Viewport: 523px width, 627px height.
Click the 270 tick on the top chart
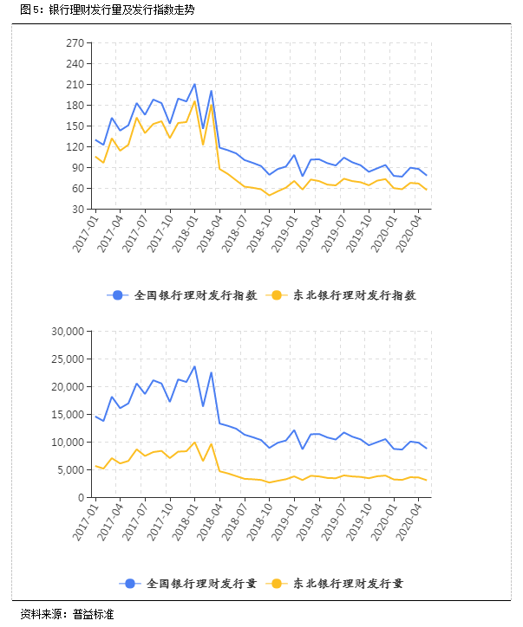pyautogui.click(x=74, y=42)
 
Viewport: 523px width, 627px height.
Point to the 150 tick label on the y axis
pyautogui.click(x=74, y=126)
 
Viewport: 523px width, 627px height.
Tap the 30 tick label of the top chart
pyautogui.click(x=76, y=209)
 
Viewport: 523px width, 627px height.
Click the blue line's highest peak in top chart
pyautogui.click(x=194, y=84)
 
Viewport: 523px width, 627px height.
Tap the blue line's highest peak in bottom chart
pyautogui.click(x=194, y=366)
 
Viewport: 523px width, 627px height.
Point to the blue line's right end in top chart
pyautogui.click(x=426, y=176)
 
